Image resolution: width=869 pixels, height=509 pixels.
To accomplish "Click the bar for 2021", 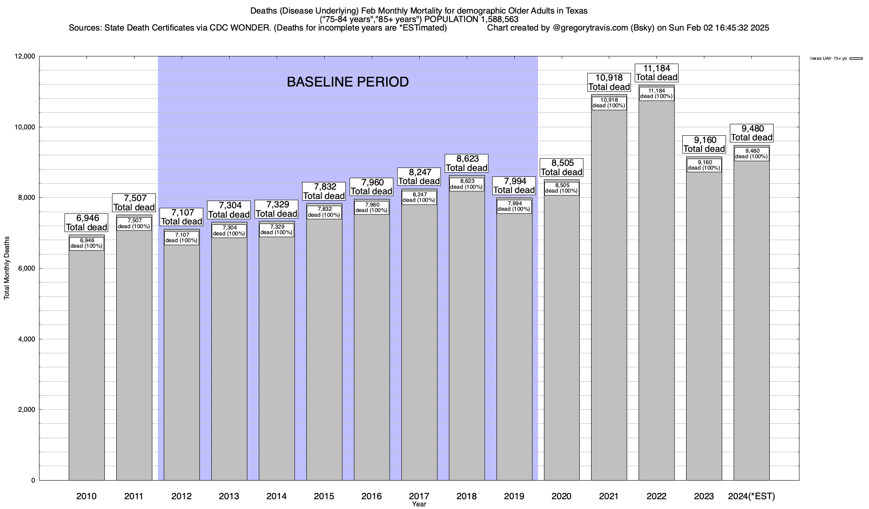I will click(609, 297).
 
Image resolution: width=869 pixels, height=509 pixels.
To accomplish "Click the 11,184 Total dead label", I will click(656, 73).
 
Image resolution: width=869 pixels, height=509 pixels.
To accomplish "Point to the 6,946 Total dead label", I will click(87, 223).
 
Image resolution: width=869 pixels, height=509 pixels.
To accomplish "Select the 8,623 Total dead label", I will click(467, 163).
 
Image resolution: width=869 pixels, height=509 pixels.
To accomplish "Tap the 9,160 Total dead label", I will click(704, 144).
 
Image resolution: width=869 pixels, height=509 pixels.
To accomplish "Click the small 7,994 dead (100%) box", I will click(514, 206).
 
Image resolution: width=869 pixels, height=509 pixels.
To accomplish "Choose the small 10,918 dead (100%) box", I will click(609, 103).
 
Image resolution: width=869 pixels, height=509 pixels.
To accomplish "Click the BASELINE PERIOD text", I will click(348, 82).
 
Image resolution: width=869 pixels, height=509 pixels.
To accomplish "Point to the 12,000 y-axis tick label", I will click(25, 56).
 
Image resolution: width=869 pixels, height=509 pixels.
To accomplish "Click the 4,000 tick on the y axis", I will click(27, 339).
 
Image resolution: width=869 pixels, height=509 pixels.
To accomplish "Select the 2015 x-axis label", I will click(324, 496).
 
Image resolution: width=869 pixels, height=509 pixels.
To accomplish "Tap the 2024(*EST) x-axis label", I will click(751, 496).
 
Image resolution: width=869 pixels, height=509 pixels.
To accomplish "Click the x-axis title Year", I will click(419, 504).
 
